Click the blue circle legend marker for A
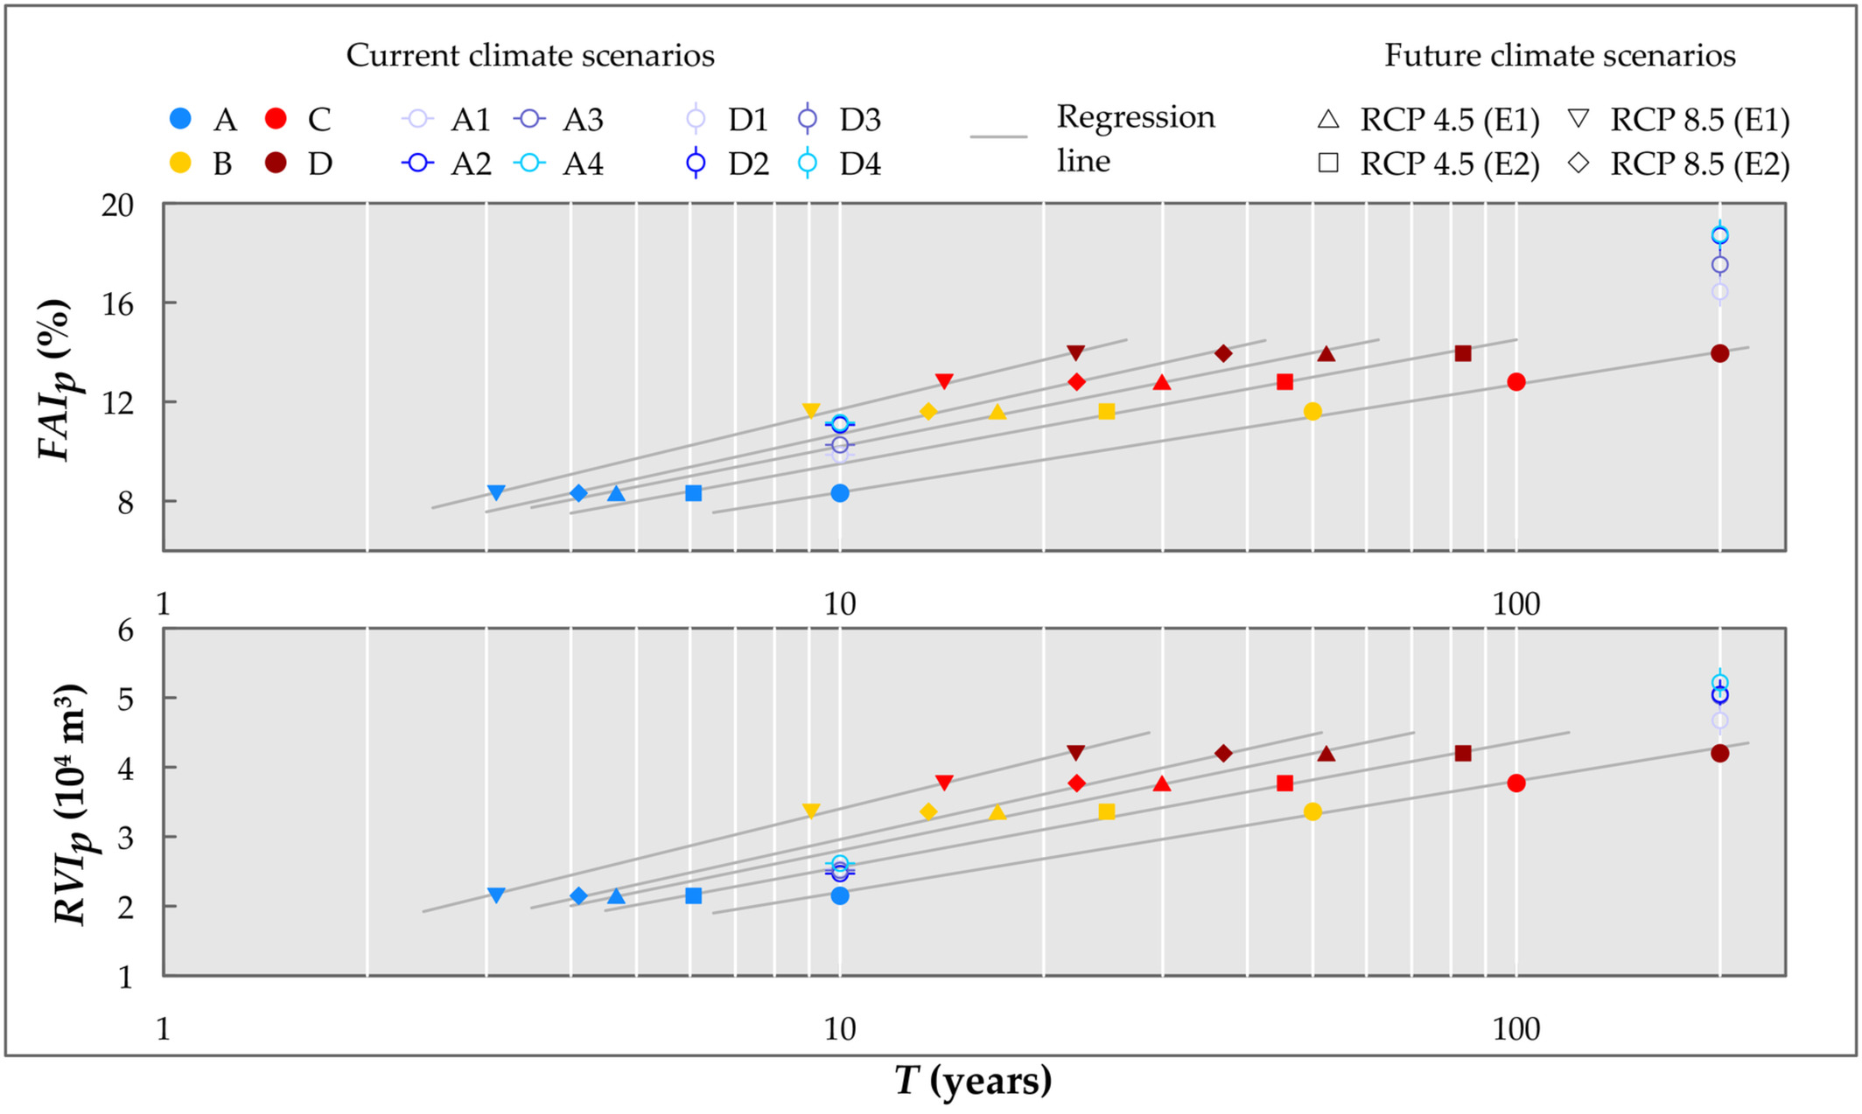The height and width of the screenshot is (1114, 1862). (180, 118)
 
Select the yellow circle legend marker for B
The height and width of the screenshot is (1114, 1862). (180, 163)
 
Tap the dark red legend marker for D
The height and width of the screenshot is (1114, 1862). (276, 163)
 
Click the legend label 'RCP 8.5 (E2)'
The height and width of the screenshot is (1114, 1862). (1699, 164)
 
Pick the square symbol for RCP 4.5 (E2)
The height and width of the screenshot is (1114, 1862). (1328, 164)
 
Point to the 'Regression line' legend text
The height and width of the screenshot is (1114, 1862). (1135, 138)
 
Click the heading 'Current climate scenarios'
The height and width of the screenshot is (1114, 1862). (530, 55)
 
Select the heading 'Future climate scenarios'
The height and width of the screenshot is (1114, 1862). (1559, 55)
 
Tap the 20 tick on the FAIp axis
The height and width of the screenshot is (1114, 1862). (118, 205)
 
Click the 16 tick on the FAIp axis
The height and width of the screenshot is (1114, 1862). (118, 303)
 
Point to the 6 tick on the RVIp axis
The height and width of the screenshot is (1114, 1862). (125, 630)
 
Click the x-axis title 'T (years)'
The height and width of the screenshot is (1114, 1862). (973, 1081)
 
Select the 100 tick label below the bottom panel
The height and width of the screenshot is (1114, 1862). (1515, 1029)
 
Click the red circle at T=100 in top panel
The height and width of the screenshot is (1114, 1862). (1516, 382)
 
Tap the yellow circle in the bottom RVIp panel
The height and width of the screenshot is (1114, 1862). (1312, 811)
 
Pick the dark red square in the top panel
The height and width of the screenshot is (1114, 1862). (1463, 353)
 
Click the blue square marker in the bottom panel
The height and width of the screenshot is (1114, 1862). (693, 895)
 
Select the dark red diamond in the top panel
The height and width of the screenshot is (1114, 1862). (1223, 353)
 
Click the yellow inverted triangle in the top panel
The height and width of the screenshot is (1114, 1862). (811, 410)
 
